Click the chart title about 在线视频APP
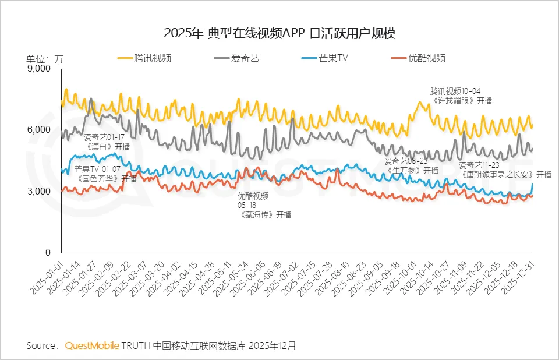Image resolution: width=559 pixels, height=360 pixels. (279, 33)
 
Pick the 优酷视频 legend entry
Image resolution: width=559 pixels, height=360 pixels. (427, 58)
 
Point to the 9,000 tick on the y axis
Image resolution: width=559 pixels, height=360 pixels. (40, 69)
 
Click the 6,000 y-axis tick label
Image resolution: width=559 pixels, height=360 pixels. (40, 130)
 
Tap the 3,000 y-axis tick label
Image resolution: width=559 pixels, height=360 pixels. (40, 192)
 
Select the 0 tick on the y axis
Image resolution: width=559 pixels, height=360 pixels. (48, 253)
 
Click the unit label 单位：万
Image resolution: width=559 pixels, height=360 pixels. (44, 58)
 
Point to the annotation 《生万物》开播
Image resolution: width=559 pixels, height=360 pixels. (411, 170)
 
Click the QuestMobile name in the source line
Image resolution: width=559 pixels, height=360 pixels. (91, 345)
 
